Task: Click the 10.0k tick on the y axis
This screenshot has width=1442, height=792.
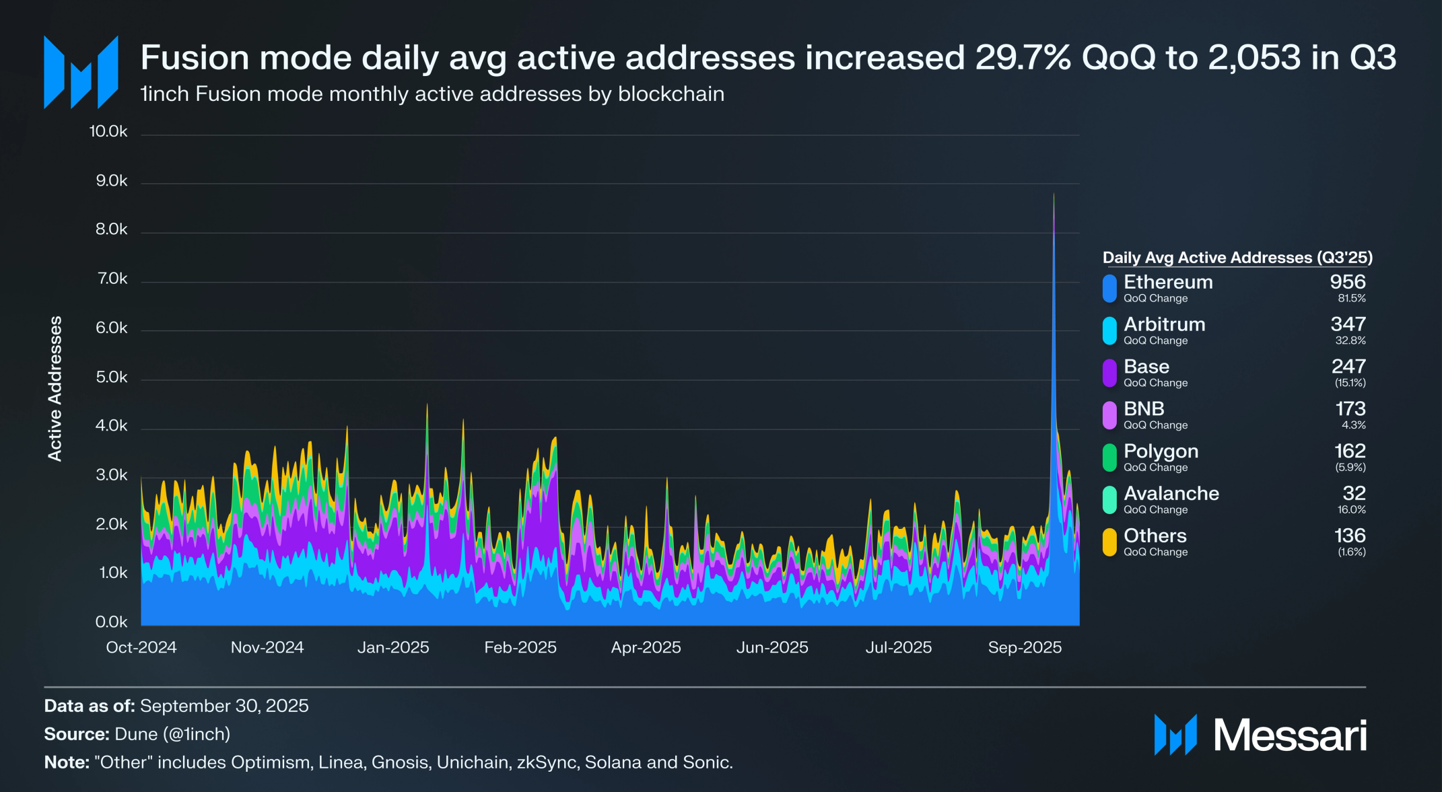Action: tap(108, 131)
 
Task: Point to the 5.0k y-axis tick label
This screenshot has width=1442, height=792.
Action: tap(111, 377)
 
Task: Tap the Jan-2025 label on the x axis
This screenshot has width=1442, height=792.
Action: tap(393, 647)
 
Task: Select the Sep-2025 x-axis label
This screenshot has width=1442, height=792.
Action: tap(1025, 647)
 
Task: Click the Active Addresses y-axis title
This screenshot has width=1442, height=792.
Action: tap(55, 388)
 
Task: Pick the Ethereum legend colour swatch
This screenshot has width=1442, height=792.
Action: tap(1109, 288)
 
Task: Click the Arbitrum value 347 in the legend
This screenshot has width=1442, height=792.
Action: tap(1348, 324)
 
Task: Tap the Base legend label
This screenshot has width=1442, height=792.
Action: tap(1146, 367)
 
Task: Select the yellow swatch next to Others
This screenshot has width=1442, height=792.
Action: tap(1109, 542)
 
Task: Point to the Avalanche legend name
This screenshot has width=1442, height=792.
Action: tap(1171, 493)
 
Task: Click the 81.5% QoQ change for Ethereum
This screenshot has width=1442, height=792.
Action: tap(1352, 299)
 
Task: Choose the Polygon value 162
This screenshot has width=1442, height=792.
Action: tap(1350, 451)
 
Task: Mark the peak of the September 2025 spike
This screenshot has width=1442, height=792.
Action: tap(1054, 194)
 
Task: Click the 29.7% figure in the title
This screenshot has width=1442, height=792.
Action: tap(1023, 58)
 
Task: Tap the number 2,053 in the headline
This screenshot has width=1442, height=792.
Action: tap(1255, 58)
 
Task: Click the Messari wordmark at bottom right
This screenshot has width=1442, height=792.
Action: tap(1290, 735)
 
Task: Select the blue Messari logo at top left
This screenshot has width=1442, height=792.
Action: tap(81, 73)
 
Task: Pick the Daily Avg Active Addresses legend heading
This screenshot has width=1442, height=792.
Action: tap(1237, 258)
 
